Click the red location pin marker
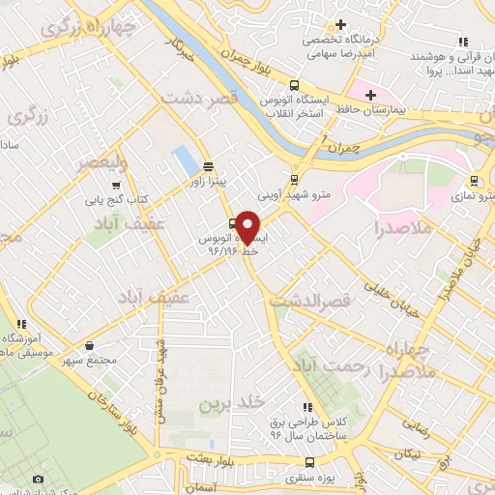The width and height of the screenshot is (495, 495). coord(247,226)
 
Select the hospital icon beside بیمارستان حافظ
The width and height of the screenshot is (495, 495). coord(366,95)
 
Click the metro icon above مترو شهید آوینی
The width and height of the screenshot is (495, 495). coord(295,179)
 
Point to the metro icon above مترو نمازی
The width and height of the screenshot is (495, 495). coord(474,180)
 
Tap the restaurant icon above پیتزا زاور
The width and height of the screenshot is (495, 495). coord(208,166)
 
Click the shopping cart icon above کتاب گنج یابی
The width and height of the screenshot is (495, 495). coord(116,186)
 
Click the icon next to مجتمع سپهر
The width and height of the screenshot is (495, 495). coord(90,345)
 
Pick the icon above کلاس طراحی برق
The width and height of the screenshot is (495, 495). coord(307,408)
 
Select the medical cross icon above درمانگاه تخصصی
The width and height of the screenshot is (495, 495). coord(339,25)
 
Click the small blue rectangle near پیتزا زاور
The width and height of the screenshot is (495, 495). coord(183,159)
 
